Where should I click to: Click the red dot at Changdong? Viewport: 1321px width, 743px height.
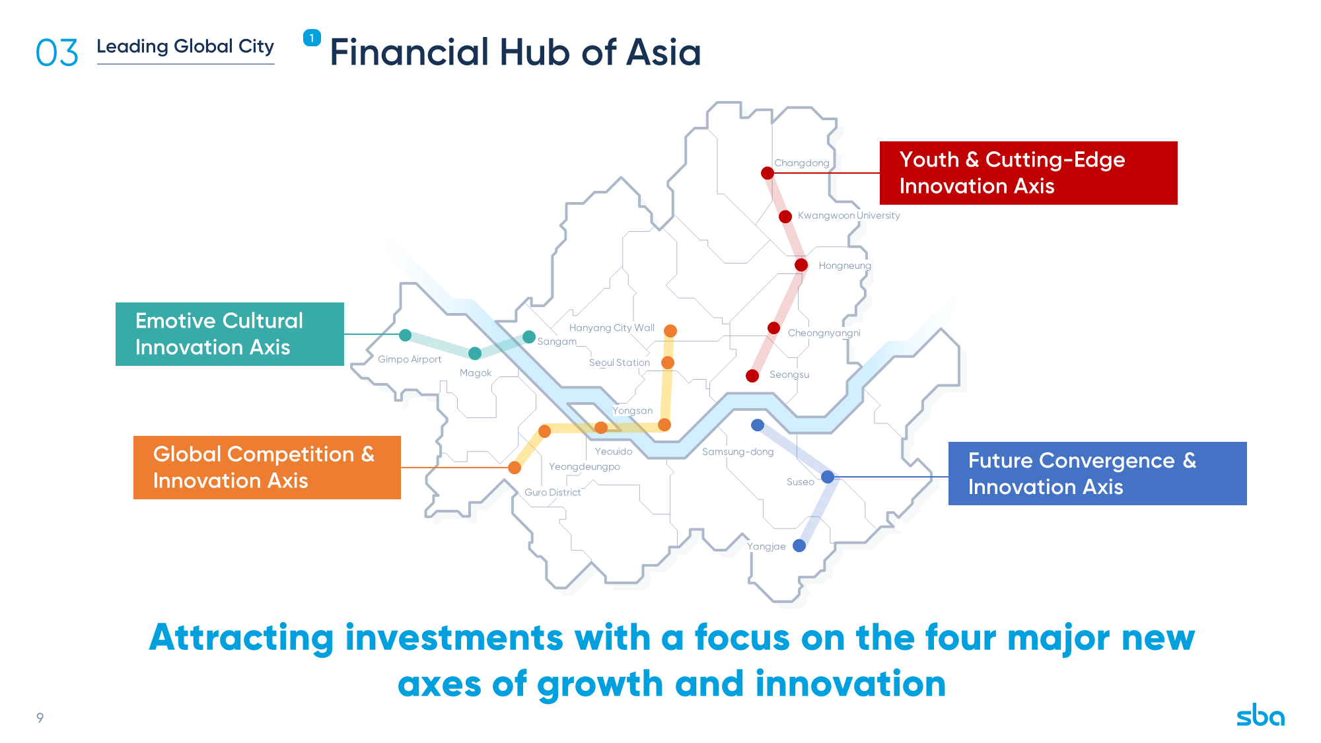[768, 173]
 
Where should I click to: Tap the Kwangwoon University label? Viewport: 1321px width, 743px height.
[849, 215]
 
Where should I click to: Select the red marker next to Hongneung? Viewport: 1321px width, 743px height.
[801, 265]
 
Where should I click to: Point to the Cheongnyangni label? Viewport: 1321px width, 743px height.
[824, 333]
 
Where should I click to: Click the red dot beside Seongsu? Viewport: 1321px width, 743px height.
[752, 376]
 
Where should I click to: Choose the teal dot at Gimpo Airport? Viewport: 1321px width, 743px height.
[406, 336]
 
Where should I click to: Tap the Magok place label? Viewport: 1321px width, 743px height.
[476, 373]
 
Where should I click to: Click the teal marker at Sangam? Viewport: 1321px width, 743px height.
[529, 337]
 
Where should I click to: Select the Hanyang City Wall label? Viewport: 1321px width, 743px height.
[612, 328]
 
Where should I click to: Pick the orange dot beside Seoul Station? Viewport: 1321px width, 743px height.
[668, 363]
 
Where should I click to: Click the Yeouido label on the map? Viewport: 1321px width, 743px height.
[614, 452]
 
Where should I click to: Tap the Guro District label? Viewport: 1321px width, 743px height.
[553, 493]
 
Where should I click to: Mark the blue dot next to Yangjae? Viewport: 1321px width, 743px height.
[799, 546]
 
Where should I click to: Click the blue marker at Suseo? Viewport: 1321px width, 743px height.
[828, 477]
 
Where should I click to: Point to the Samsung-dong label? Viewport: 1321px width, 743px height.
[738, 452]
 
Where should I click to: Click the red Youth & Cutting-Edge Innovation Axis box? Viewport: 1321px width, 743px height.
[1028, 173]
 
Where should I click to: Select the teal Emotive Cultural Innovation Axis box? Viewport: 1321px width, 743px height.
[230, 334]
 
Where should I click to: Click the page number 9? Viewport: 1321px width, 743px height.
[40, 718]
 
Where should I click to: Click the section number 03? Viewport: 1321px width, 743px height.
[57, 53]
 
